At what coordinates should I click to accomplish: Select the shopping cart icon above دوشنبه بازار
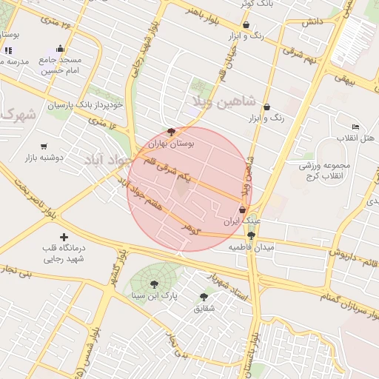pos(45,147)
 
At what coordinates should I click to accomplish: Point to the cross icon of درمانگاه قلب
pos(63,237)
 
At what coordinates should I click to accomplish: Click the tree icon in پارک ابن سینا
pos(154,283)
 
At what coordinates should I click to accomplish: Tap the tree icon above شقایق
pos(204,297)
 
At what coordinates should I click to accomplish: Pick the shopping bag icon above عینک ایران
pos(242,209)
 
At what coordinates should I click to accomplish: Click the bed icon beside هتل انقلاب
pos(355,127)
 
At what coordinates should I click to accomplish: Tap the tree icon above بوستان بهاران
pos(172,132)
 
